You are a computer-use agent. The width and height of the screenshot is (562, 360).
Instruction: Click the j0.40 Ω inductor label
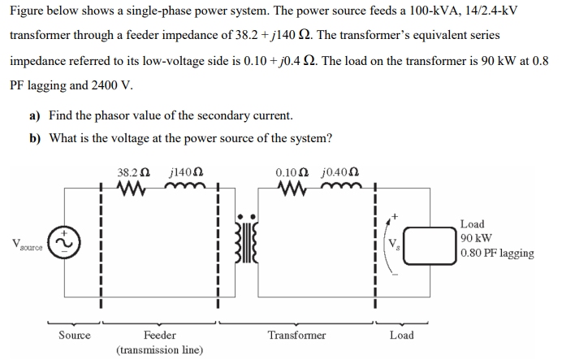click(x=341, y=173)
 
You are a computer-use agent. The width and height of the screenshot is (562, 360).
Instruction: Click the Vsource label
click(x=27, y=245)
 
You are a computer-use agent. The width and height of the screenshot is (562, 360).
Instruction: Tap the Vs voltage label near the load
click(x=394, y=244)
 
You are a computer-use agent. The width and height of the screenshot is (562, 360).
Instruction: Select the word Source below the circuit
click(x=75, y=335)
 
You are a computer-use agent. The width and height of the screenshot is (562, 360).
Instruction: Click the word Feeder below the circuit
click(x=160, y=335)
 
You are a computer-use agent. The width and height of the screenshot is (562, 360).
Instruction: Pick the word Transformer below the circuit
click(x=296, y=335)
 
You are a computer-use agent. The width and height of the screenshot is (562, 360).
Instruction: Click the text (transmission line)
click(x=160, y=349)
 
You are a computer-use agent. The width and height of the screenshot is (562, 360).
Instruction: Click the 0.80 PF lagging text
click(x=496, y=253)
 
